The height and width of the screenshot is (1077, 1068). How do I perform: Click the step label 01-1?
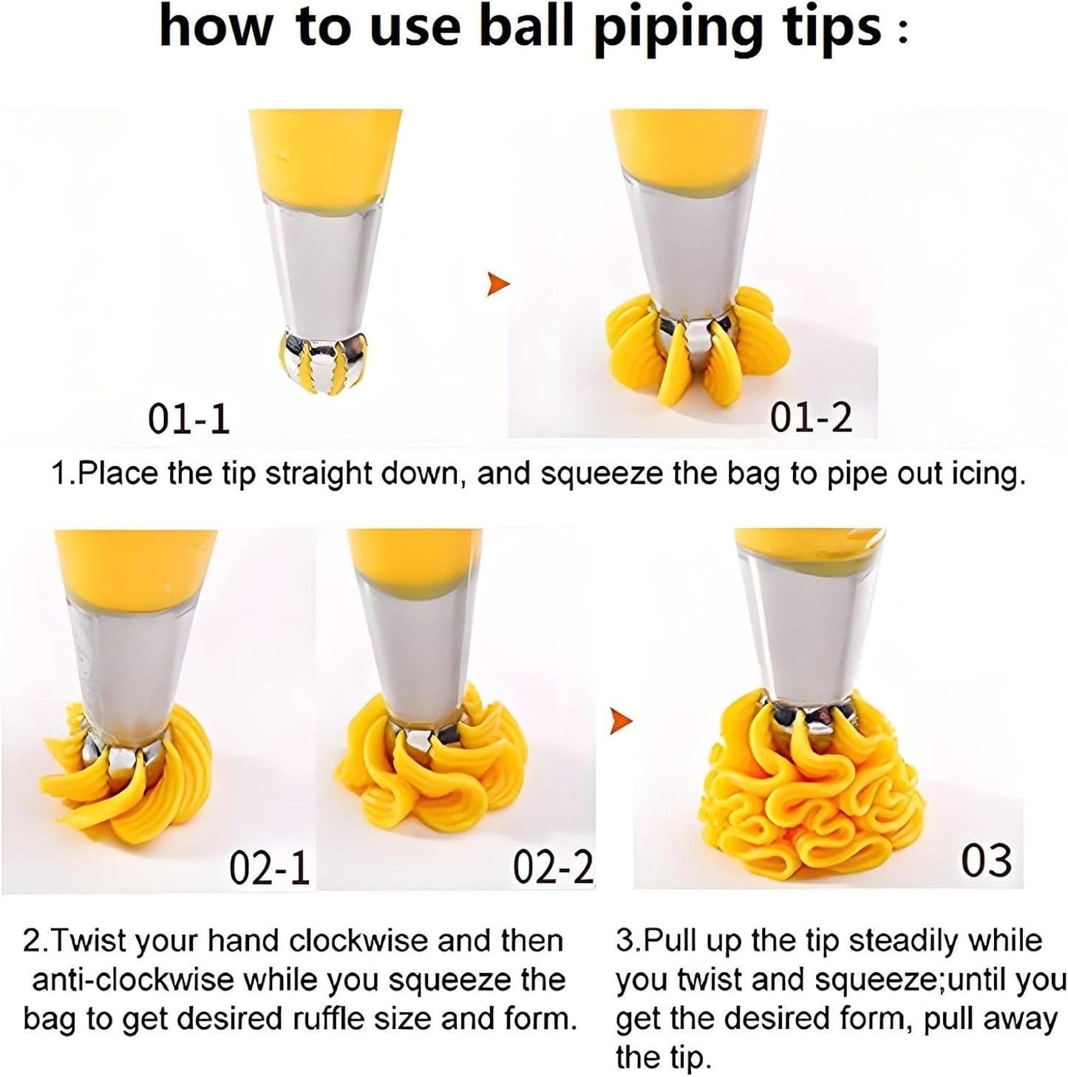188,419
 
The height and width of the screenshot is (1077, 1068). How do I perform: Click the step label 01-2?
812,417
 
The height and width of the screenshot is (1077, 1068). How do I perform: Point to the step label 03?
986,861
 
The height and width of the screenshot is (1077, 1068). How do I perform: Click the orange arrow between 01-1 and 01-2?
498,284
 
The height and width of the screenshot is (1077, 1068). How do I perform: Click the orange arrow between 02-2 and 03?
621,721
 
